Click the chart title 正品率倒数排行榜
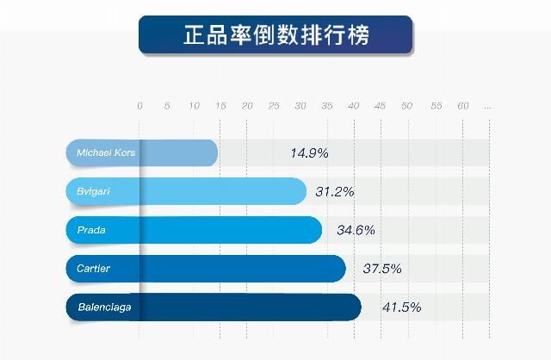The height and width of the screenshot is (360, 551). (x=275, y=35)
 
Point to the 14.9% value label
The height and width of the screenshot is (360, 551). (x=309, y=153)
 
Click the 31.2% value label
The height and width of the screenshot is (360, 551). (x=334, y=191)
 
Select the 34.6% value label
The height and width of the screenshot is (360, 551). (x=356, y=230)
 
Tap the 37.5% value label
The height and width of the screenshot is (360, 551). (x=382, y=268)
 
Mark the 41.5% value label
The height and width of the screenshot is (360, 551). (x=401, y=307)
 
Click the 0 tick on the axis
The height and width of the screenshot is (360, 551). (x=139, y=106)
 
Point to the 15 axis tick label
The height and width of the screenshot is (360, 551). (x=220, y=106)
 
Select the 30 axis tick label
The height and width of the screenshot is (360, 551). (x=300, y=106)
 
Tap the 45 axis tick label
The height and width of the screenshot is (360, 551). (x=381, y=106)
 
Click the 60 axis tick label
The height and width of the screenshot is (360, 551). (x=462, y=106)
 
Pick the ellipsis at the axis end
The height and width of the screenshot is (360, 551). (x=488, y=107)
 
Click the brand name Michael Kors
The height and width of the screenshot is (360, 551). (x=106, y=153)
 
